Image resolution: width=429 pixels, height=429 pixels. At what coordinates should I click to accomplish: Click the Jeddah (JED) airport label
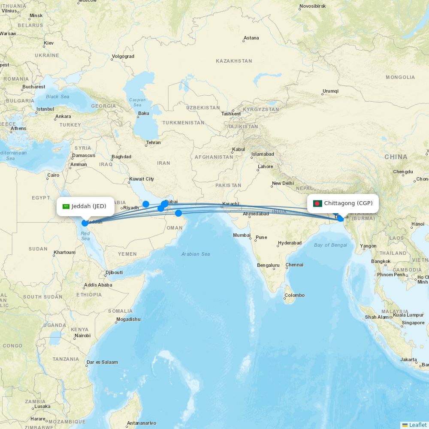[x=89, y=206]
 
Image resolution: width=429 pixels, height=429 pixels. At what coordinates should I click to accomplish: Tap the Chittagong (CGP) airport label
[x=348, y=203]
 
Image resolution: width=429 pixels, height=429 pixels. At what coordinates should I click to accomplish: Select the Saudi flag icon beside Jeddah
[x=66, y=206]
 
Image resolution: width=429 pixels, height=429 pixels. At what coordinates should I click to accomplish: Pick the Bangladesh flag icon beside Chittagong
[x=317, y=203]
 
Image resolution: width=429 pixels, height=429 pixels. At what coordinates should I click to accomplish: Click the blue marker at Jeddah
[x=85, y=223]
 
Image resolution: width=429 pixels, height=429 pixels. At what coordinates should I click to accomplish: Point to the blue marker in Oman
[x=178, y=213]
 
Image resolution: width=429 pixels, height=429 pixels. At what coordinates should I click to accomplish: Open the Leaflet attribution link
[x=417, y=425]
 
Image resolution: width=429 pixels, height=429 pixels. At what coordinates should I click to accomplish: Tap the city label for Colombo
[x=294, y=295]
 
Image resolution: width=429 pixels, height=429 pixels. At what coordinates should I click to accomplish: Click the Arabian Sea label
[x=196, y=254]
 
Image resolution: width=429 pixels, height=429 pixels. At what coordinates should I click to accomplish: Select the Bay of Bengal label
[x=330, y=245]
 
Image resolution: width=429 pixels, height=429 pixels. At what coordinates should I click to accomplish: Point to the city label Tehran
[x=153, y=142]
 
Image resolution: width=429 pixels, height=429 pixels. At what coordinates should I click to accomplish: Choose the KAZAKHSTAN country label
[x=234, y=61]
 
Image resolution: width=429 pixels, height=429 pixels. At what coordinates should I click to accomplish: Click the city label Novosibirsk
[x=312, y=6]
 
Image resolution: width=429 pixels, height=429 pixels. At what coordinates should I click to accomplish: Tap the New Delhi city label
[x=283, y=183]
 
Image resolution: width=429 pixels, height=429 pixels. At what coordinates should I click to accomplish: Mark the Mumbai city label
[x=242, y=235]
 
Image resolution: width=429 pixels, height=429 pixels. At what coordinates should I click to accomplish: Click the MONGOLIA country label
[x=400, y=78]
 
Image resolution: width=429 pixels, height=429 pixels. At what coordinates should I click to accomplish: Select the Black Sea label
[x=57, y=97]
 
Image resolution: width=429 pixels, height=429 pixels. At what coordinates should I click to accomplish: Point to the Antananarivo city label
[x=141, y=423]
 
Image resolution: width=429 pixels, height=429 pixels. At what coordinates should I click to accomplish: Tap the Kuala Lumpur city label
[x=408, y=315]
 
